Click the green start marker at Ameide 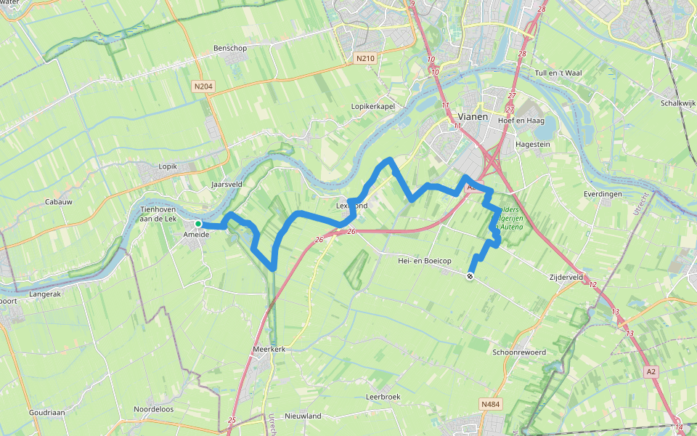pos(197,224)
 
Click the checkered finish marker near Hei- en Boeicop pos(470,276)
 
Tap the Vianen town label pos(473,116)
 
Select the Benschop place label pos(230,49)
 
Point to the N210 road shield pos(364,57)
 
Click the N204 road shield pos(203,86)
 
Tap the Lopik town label pos(168,166)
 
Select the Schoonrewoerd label pos(519,352)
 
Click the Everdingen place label pos(603,195)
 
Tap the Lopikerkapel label pos(372,106)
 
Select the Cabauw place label pos(58,201)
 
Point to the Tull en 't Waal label pos(560,73)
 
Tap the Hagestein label pos(532,145)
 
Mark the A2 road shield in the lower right pos(652,371)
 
